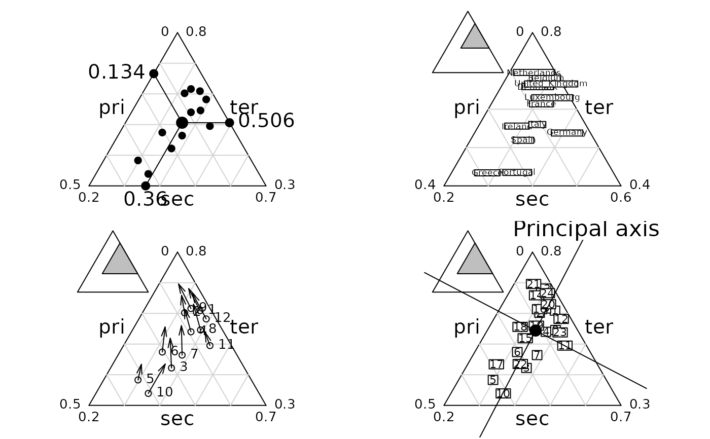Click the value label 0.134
(116, 72)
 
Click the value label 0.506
(266, 121)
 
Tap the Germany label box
(566, 133)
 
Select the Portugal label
(517, 172)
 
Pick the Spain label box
(523, 140)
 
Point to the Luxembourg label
(552, 97)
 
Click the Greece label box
(487, 173)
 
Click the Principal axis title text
(586, 230)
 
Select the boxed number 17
(496, 364)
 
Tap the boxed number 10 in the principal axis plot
(503, 393)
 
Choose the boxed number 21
(534, 284)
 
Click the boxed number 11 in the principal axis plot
(565, 346)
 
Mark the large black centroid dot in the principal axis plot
(536, 331)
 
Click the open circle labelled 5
(138, 380)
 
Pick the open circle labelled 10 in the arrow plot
(148, 393)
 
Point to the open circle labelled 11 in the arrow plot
(210, 346)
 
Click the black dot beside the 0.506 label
(229, 123)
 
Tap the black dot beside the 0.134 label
(154, 74)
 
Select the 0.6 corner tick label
(621, 198)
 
